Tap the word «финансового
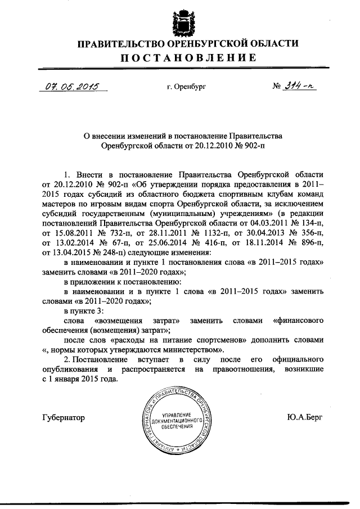click(298, 321)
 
